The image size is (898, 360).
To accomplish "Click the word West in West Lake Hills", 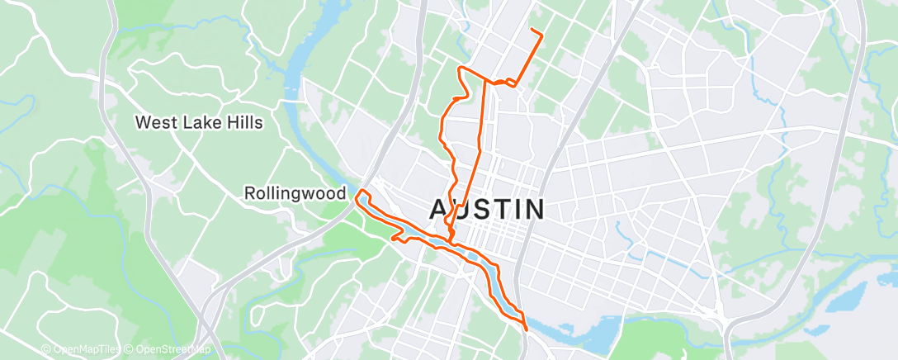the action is (156, 123).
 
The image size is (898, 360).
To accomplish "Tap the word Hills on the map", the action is (243, 123).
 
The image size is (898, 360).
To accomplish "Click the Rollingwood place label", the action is (295, 193).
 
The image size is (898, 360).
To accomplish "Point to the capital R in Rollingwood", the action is (250, 193).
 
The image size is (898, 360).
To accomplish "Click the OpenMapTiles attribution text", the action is (83, 350).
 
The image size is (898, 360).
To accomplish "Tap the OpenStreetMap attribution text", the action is (172, 350).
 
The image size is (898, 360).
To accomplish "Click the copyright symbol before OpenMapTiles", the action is (46, 350).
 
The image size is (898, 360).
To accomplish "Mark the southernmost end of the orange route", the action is (526, 328).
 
